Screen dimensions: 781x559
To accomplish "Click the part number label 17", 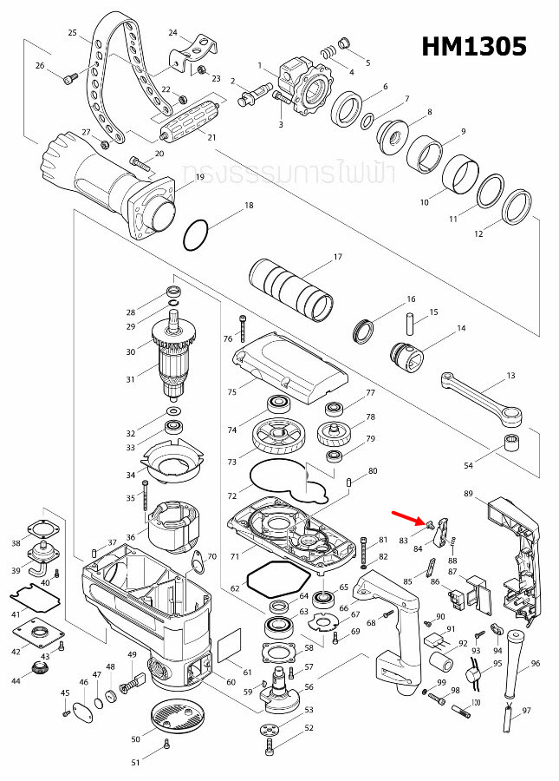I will [338, 257].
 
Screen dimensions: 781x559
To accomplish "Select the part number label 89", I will [468, 493].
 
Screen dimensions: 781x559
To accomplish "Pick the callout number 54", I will [468, 466].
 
